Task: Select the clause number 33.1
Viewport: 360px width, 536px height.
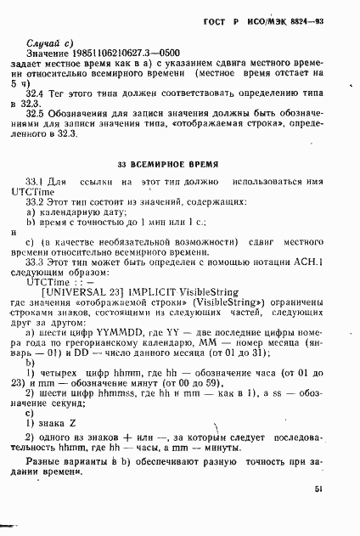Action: point(38,182)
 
